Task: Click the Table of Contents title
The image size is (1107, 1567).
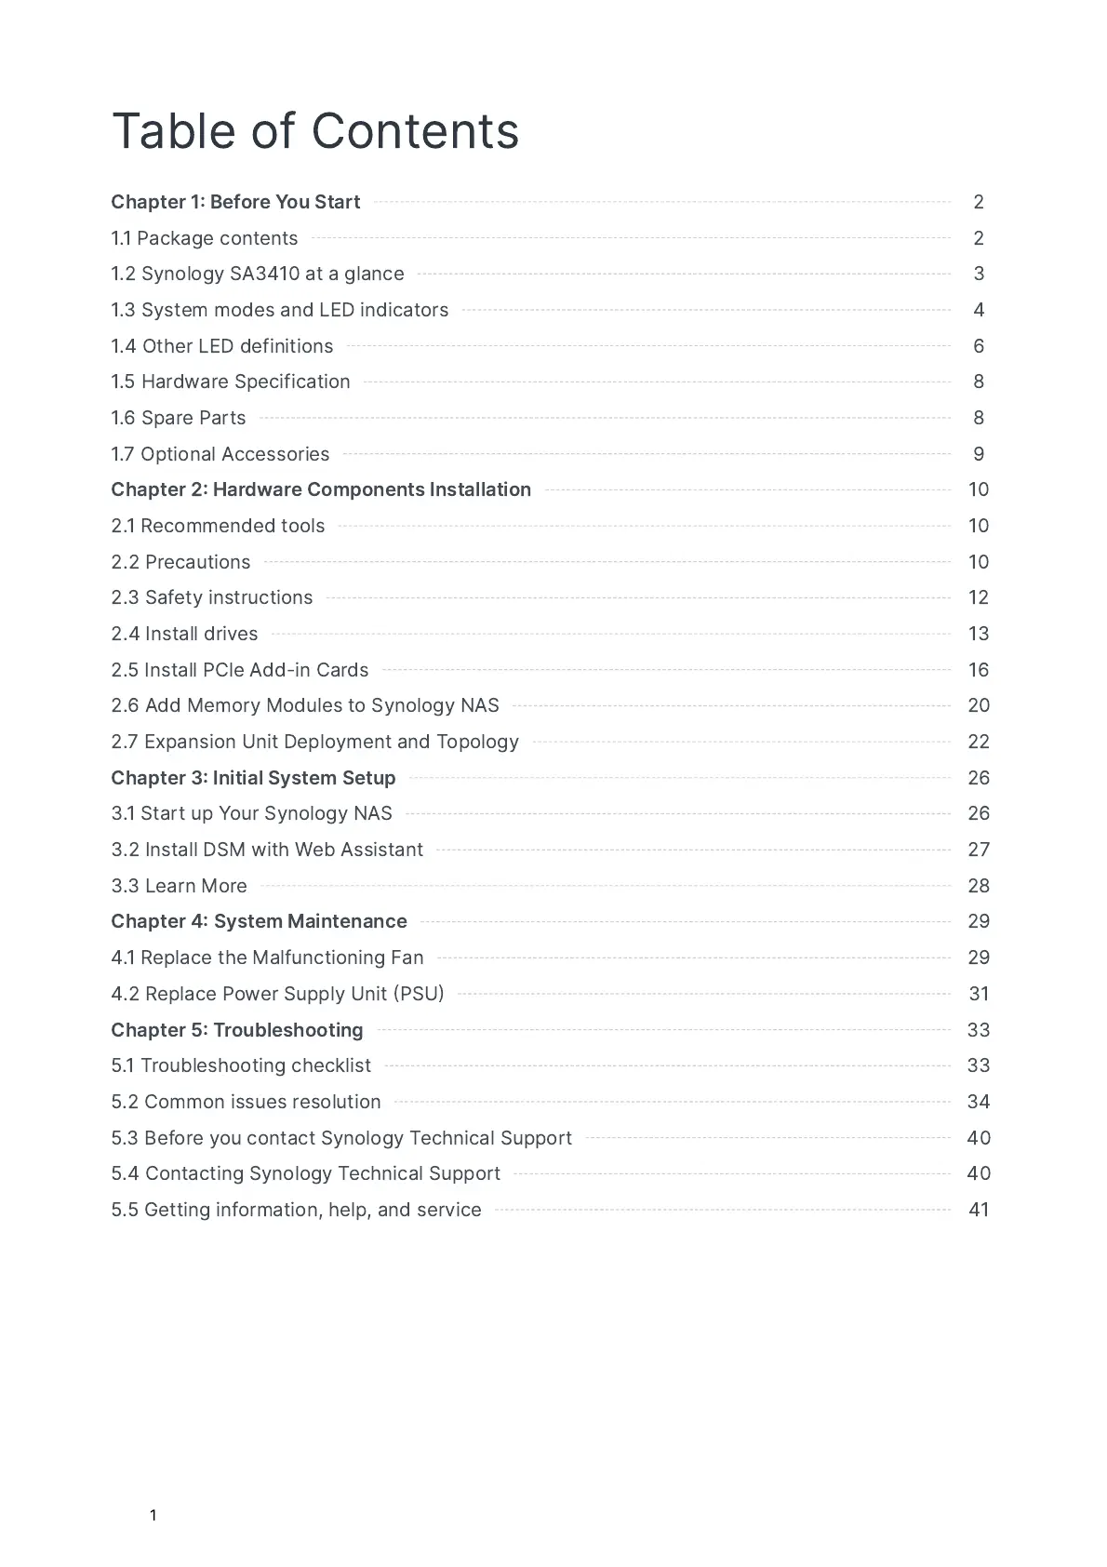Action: tap(315, 131)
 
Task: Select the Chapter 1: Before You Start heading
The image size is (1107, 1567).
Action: tap(235, 202)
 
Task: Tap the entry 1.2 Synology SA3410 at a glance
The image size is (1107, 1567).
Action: tap(258, 274)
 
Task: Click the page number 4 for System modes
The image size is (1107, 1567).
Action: tap(979, 310)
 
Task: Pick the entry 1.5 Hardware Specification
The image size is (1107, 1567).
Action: tap(231, 382)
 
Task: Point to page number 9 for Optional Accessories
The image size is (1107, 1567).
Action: tap(979, 454)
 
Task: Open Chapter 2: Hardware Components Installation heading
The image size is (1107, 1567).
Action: tap(321, 489)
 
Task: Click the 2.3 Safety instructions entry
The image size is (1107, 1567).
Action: tap(212, 597)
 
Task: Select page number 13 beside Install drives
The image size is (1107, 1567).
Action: tap(979, 634)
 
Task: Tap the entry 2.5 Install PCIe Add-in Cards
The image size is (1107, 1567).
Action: tap(240, 670)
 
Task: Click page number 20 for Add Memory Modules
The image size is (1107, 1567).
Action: tap(979, 705)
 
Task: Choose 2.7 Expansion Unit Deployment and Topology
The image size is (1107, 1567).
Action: tap(314, 742)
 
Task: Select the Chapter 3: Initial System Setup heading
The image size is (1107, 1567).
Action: tap(253, 778)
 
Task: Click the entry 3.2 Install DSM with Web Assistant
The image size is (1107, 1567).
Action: tap(267, 850)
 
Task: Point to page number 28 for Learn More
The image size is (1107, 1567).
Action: tap(979, 886)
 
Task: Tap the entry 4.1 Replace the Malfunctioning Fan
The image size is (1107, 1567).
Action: tap(267, 958)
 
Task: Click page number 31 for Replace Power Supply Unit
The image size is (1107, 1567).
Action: tap(979, 994)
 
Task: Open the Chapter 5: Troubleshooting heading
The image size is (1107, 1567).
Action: tap(237, 1030)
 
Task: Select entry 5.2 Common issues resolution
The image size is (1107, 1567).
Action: tap(246, 1102)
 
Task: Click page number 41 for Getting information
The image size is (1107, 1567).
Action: tap(979, 1210)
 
